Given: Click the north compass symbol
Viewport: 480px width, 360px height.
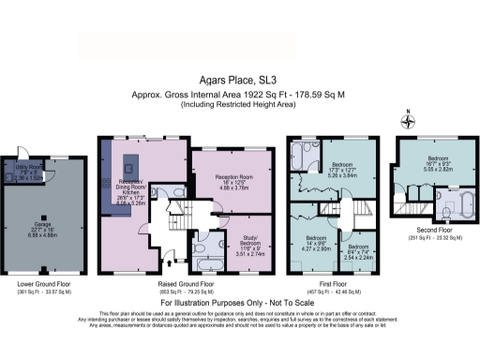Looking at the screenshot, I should (x=409, y=119).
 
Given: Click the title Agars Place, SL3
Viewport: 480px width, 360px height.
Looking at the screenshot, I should (x=239, y=81).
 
